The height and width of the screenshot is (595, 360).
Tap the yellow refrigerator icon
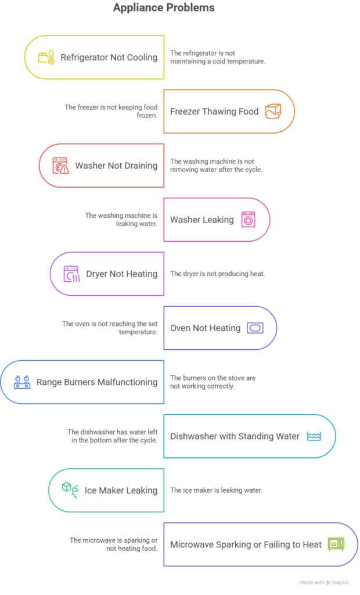click(46, 58)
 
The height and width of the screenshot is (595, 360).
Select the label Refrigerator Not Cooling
click(109, 58)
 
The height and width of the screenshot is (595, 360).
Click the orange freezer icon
click(273, 111)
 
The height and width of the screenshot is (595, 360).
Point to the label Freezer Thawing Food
click(214, 112)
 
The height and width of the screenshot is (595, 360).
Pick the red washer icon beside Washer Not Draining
click(60, 166)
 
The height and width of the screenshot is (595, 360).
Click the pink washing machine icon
click(248, 220)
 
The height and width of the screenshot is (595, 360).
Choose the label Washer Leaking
click(201, 220)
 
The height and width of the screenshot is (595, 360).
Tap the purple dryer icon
click(71, 274)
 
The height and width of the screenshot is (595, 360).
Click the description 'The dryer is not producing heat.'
click(217, 274)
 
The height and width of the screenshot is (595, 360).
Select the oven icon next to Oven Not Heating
click(255, 328)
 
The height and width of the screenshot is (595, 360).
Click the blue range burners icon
click(22, 382)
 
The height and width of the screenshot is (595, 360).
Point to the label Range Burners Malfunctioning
click(96, 382)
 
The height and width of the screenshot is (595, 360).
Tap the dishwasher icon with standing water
click(314, 436)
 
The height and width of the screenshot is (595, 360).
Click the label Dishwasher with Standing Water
click(235, 436)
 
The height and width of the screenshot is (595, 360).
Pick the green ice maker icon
click(70, 490)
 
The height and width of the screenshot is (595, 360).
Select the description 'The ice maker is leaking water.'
click(215, 490)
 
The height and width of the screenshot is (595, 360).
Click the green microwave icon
click(336, 544)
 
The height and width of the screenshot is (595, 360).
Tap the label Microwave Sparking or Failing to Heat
click(246, 544)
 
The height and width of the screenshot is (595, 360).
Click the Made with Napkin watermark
click(326, 582)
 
